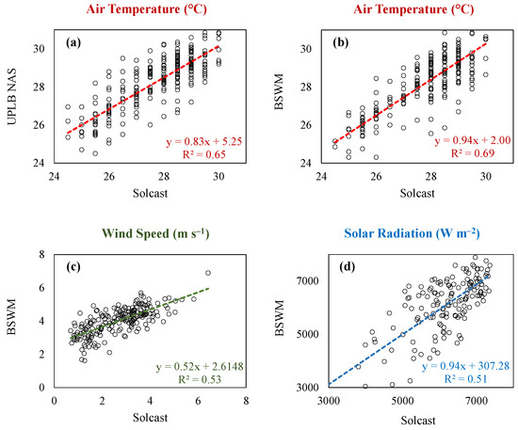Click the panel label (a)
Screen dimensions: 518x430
point(73,42)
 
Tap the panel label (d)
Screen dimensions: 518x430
point(348,266)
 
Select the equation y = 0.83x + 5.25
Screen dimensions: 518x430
point(204,141)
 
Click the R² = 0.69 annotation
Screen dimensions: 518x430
point(473,153)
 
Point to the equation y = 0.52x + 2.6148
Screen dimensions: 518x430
point(200,366)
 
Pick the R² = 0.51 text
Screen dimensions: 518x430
point(465,378)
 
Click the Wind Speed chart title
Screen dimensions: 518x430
point(155,233)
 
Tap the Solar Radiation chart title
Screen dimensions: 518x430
point(412,233)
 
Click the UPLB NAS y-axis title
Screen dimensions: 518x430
point(12,96)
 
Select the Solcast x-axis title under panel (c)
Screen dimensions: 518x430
point(151,418)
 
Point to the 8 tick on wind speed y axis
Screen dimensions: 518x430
point(42,254)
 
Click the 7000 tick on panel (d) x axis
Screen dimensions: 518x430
point(477,401)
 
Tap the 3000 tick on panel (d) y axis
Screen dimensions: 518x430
point(308,387)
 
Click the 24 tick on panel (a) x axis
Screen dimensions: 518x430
point(55,177)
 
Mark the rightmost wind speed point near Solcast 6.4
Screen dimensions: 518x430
point(208,273)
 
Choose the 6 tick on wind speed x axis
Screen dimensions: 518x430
point(198,401)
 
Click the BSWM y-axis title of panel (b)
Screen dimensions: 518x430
point(280,92)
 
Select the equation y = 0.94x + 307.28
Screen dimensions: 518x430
point(466,366)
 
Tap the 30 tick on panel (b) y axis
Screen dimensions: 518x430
point(306,49)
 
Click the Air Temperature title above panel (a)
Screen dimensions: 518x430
point(146,9)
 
